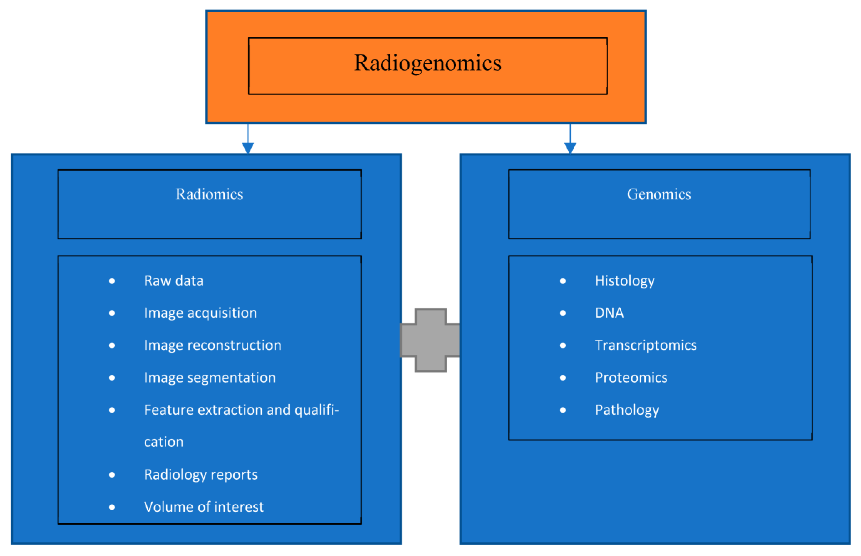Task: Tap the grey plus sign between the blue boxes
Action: point(430,340)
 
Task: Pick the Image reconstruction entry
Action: point(213,345)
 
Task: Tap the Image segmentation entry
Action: point(210,378)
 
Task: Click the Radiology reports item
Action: point(201,474)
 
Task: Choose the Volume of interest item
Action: point(204,507)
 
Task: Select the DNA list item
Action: point(609,313)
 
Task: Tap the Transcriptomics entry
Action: point(645,345)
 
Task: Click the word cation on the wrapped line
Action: point(164,442)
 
